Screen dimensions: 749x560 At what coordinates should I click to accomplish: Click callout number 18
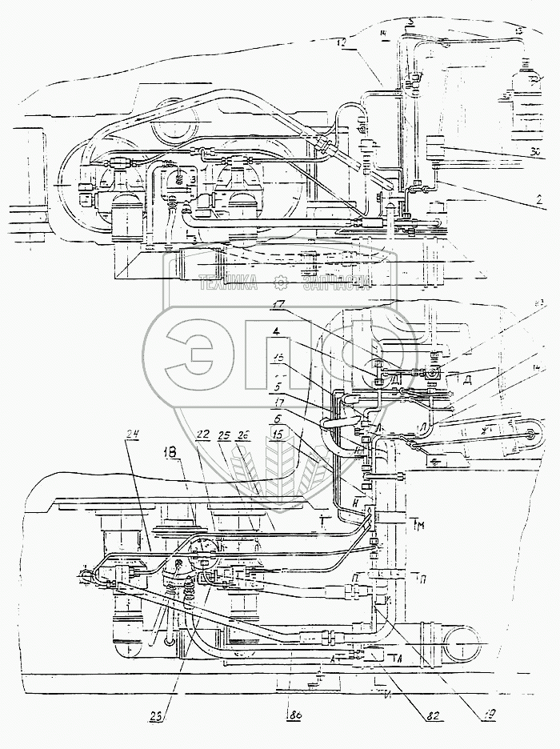(171, 453)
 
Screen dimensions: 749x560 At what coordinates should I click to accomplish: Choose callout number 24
(133, 435)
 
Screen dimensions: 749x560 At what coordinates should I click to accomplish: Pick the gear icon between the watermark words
(280, 281)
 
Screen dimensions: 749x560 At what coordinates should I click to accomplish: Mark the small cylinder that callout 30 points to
(436, 150)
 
